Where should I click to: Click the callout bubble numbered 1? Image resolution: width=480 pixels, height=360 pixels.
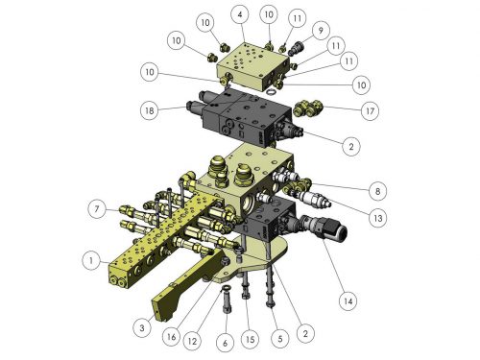point(91,260)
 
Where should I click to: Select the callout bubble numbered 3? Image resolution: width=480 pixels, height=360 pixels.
point(142,327)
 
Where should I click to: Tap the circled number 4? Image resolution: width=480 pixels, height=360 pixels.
point(240,14)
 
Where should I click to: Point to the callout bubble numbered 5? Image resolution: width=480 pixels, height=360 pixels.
point(280,338)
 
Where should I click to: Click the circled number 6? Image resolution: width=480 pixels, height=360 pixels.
point(226,343)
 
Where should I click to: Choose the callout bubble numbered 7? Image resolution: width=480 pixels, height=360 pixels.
point(97,209)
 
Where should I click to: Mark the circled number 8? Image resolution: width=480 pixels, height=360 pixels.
point(377,191)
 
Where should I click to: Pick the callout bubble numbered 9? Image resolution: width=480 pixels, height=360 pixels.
point(321,30)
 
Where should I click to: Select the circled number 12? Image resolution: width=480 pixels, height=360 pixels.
point(192,341)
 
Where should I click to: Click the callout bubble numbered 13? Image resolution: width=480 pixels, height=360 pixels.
point(378,218)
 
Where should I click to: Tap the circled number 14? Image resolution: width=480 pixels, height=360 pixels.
point(348,300)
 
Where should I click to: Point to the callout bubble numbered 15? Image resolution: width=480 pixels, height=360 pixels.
point(251,339)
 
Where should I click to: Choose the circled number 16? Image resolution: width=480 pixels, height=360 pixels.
point(171,336)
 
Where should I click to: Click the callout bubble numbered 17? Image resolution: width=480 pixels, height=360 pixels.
point(370,110)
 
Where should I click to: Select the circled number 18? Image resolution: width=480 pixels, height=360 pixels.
point(150,110)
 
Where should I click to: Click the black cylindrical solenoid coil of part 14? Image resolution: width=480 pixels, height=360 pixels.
point(336,231)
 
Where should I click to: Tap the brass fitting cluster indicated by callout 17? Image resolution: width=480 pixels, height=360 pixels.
point(307,108)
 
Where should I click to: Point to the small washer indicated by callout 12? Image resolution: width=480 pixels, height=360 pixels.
point(226,288)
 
